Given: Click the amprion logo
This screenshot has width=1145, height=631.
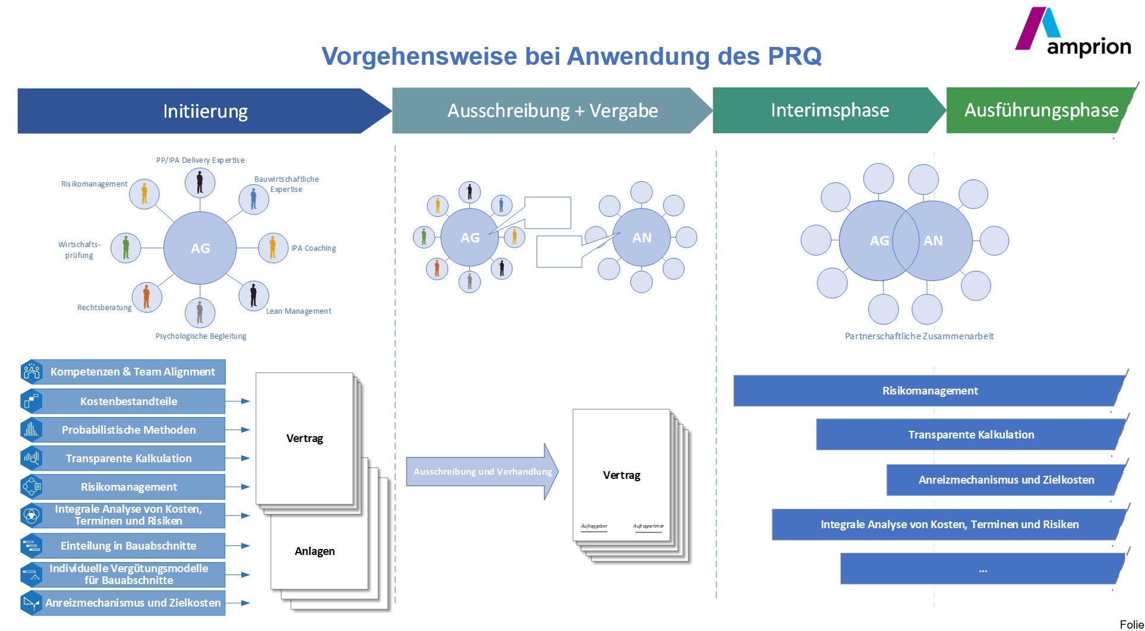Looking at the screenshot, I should coord(1073,33).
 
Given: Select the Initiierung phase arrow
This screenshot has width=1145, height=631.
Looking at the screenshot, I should coord(205,111).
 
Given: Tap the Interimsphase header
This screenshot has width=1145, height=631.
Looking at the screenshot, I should coord(829,111).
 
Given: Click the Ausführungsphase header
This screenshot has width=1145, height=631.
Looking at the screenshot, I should coord(1040,111).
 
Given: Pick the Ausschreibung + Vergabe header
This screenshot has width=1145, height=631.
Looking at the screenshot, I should coord(552,111).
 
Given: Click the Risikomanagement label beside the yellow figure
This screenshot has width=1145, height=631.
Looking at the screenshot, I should coord(94,184).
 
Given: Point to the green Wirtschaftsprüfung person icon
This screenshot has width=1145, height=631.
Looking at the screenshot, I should coord(126,247).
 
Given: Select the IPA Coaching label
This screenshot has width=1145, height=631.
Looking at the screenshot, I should coord(313,248).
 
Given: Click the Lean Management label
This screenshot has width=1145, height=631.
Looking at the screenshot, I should coord(298,311).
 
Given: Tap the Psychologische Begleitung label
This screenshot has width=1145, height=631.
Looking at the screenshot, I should coord(201,336).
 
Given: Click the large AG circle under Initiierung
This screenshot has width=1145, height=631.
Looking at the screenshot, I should coord(200,248).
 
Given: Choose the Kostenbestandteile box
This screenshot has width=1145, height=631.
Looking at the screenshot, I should coord(129,402).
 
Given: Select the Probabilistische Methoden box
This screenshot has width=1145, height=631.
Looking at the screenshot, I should coord(129,430).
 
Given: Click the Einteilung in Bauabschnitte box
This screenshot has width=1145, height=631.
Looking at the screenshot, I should coord(129,546).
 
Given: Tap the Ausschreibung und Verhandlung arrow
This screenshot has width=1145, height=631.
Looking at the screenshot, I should coord(482,472).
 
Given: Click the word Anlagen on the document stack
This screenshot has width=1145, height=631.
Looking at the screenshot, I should coord(314,551).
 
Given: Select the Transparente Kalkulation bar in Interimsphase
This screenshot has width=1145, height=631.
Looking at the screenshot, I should coord(970,435).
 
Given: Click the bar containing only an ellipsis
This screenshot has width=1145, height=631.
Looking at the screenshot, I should coord(982,569).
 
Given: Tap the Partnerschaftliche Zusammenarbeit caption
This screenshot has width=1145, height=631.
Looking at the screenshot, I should coord(919,336).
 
